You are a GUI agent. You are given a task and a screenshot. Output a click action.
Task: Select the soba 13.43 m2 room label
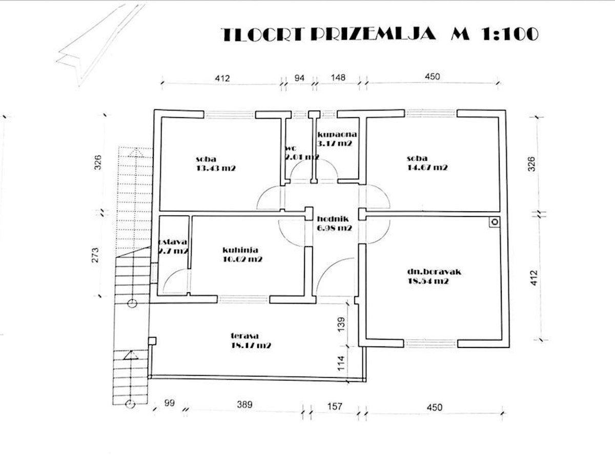click(215, 164)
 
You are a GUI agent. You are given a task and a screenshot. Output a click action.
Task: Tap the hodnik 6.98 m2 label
click(334, 223)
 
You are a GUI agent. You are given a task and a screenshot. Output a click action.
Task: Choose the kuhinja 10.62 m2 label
click(242, 254)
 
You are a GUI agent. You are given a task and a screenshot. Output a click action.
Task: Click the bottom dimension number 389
click(244, 405)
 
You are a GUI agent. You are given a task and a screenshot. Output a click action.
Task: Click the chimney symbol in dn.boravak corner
click(495, 222)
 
